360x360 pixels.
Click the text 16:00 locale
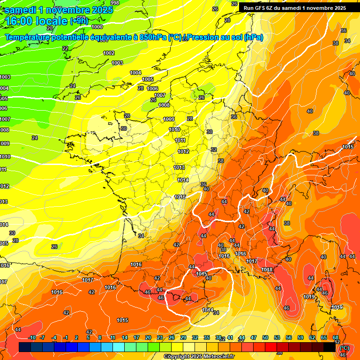pyautogui.click(x=37, y=21)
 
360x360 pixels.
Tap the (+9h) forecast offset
pyautogui.click(x=79, y=21)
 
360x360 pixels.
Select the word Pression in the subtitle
pyautogui.click(x=205, y=37)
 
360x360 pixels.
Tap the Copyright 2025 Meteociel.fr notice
pyautogui.click(x=199, y=357)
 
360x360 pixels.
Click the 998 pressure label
pyautogui.click(x=114, y=3)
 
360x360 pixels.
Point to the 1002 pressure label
pyautogui.click(x=109, y=53)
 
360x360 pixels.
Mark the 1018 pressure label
pyautogui.click(x=267, y=270)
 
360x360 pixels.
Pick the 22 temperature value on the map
pyautogui.click(x=65, y=49)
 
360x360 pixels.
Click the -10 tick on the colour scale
pyautogui.click(x=32, y=337)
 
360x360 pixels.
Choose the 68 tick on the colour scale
pyautogui.click(x=336, y=337)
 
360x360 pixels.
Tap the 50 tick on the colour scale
pyautogui.click(x=265, y=337)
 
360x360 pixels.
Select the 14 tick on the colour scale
pyautogui.click(x=125, y=337)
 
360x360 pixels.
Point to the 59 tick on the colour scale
pyautogui.click(x=300, y=337)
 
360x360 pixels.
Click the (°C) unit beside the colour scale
pyautogui.click(x=344, y=348)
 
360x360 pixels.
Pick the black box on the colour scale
pyautogui.click(x=330, y=347)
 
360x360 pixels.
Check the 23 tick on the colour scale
pyautogui.click(x=160, y=337)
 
